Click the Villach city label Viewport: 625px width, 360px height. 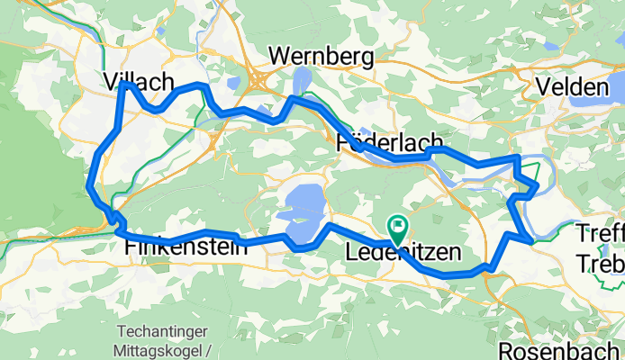(x=139, y=82)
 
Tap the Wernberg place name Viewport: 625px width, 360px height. (x=321, y=57)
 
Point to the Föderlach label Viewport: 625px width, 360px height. (x=388, y=142)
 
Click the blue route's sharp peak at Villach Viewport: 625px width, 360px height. (x=124, y=84)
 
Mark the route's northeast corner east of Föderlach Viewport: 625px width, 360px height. (x=517, y=158)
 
